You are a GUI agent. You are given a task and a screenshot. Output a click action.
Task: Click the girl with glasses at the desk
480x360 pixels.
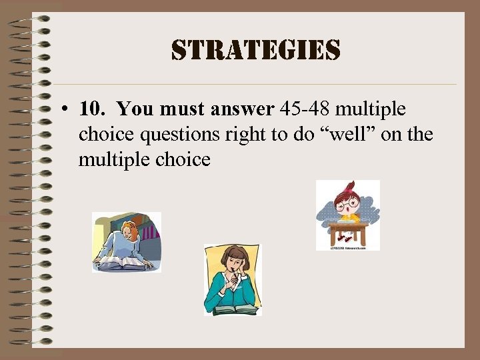click(347, 213)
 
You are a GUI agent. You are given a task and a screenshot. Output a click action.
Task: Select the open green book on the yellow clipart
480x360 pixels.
click(233, 309)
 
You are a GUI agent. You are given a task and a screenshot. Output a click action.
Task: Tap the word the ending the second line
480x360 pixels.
click(420, 135)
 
